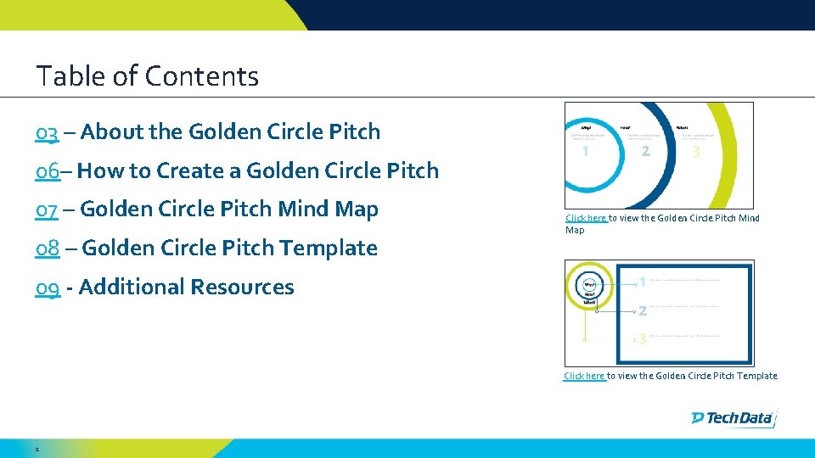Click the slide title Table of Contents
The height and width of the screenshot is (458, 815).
[x=147, y=76]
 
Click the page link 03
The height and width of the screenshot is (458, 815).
[x=47, y=132]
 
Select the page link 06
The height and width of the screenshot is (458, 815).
[x=47, y=171]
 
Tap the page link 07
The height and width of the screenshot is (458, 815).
[x=47, y=209]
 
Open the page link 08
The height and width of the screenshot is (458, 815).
[x=47, y=249]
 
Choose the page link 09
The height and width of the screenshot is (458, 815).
[x=48, y=288]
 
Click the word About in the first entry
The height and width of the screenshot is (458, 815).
[x=112, y=132]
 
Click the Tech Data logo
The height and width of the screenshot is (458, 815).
[x=733, y=417]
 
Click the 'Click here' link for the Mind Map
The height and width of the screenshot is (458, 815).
[x=586, y=219]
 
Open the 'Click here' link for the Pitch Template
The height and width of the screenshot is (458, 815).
[x=584, y=376]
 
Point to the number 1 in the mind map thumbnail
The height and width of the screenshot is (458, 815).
[x=587, y=152]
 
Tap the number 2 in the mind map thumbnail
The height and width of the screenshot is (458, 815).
[x=645, y=152]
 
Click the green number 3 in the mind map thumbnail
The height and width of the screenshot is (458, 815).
[x=697, y=153]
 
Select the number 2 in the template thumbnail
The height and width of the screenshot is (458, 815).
[x=643, y=310]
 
